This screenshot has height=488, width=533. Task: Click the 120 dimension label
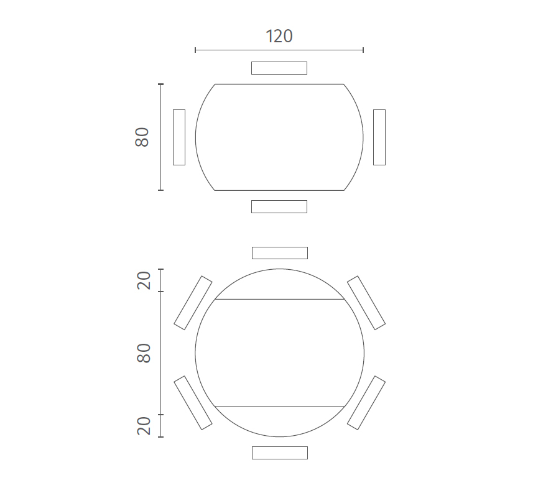[279, 36]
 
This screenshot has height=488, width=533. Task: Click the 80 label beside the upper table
[142, 137]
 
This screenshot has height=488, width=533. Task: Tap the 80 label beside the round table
[144, 353]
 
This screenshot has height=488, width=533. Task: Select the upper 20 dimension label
[144, 280]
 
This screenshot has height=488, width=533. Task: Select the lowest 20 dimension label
[144, 426]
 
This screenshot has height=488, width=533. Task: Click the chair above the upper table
[279, 68]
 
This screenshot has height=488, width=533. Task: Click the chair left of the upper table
[179, 137]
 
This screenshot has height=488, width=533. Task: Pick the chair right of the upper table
[379, 137]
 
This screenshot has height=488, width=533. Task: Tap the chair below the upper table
[279, 206]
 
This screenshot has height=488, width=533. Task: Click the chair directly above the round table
[280, 253]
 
